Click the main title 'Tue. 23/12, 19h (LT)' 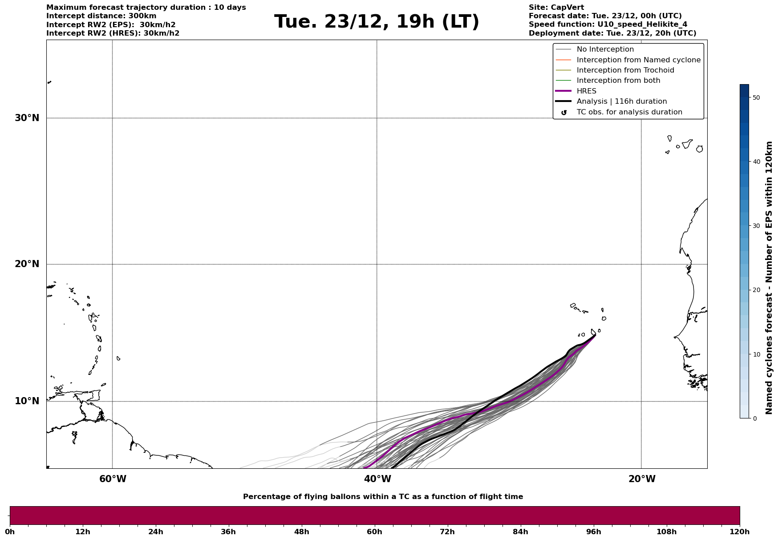(377, 22)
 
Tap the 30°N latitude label (27, 118)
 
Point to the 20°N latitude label (27, 264)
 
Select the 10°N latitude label (27, 401)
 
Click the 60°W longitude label (113, 479)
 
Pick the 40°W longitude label (377, 479)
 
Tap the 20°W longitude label (642, 479)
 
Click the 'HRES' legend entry (586, 91)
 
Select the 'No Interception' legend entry (605, 49)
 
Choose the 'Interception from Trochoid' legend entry (625, 70)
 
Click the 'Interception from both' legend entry (618, 81)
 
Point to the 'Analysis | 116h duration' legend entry (621, 102)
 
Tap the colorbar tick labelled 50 (756, 97)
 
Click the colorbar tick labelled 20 (756, 290)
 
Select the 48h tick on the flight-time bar (301, 532)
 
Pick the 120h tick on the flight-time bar (740, 532)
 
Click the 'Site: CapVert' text (556, 8)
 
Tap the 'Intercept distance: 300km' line (101, 16)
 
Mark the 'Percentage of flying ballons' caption (383, 497)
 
